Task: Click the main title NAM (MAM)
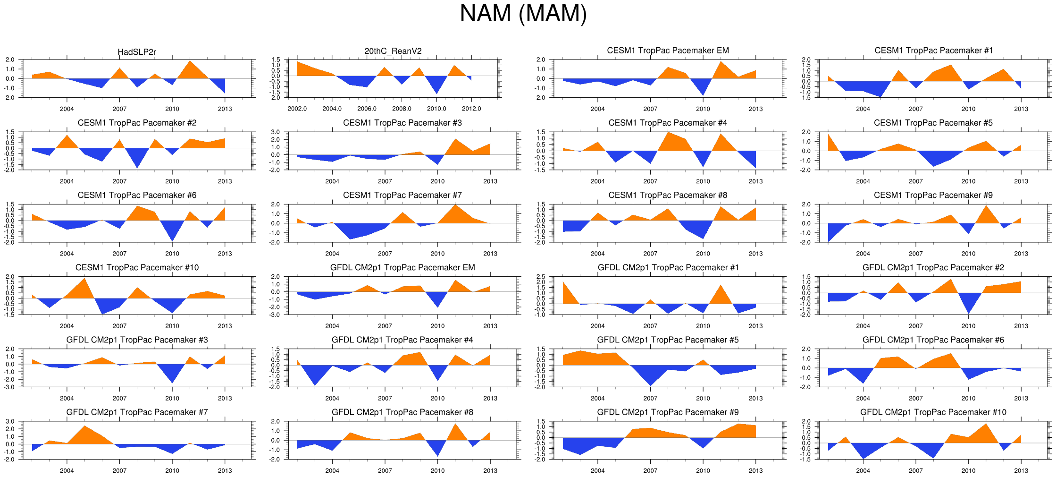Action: click(x=523, y=14)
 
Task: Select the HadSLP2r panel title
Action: click(x=137, y=52)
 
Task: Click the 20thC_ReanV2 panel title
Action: click(x=393, y=51)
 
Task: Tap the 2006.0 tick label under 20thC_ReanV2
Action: click(x=367, y=109)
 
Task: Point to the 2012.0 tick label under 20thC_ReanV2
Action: click(x=471, y=109)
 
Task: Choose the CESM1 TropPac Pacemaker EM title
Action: click(x=668, y=51)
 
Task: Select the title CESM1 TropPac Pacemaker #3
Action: click(x=402, y=123)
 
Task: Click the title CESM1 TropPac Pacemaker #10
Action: click(x=137, y=268)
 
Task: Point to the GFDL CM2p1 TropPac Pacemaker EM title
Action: click(x=402, y=268)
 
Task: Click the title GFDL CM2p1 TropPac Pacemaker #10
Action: click(x=933, y=412)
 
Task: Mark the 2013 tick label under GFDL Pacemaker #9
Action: click(x=755, y=470)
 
